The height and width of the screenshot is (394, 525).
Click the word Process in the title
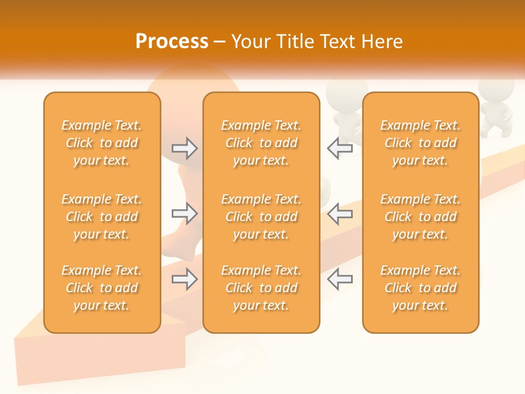pos(172,42)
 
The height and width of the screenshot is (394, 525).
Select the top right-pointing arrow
pos(185,148)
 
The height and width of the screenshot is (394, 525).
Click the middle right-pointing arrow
pos(185,214)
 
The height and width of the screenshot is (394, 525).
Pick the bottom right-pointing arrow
pos(185,280)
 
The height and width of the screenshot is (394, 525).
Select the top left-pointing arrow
pos(340,148)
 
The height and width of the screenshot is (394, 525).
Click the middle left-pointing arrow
pos(340,214)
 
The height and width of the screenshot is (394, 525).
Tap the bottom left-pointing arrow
pos(340,280)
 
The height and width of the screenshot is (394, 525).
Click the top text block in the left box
pos(102,143)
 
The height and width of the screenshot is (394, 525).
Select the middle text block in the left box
pos(102,217)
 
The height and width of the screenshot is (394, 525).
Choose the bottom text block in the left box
pos(102,288)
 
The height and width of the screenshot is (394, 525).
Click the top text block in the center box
pos(261,143)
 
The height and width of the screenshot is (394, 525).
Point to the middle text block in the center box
pos(261,217)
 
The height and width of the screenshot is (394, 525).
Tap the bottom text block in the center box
pos(261,288)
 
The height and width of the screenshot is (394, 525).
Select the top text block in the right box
pos(421,143)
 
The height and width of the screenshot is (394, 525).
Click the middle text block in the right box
pos(421,217)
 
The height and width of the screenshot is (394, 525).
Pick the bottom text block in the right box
pos(421,288)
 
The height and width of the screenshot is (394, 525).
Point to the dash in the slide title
pos(220,42)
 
